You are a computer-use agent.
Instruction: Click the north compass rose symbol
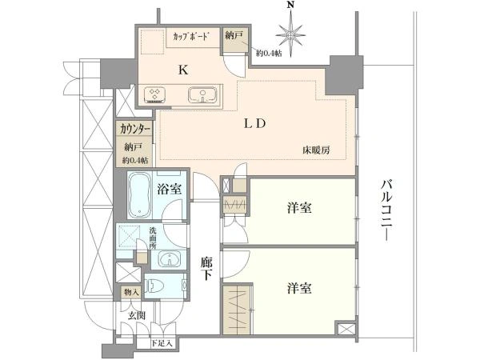tap(290, 34)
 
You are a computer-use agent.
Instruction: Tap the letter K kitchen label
tap(182, 70)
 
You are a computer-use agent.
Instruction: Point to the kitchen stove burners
tap(154, 95)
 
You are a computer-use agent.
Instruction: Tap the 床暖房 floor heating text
tap(317, 150)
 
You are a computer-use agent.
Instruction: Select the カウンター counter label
tap(134, 129)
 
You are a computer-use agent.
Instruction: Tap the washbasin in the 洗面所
tap(166, 258)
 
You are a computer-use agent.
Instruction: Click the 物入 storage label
tap(131, 293)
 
